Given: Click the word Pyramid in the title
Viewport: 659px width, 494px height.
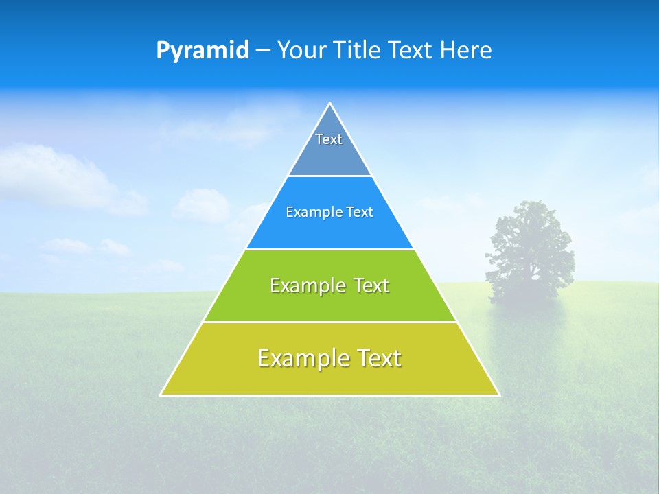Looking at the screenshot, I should tap(203, 51).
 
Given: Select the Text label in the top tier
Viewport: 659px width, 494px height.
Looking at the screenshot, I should tap(329, 139).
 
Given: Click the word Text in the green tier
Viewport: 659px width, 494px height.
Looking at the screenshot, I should tap(371, 285).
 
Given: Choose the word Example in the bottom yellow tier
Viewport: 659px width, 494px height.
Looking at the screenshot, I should tap(299, 358).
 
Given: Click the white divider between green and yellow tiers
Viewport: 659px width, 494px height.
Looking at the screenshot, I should tap(329, 322).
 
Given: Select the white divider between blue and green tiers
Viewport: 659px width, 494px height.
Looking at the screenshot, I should tap(329, 249).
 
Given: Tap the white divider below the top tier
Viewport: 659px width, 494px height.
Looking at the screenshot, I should tap(329, 176).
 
